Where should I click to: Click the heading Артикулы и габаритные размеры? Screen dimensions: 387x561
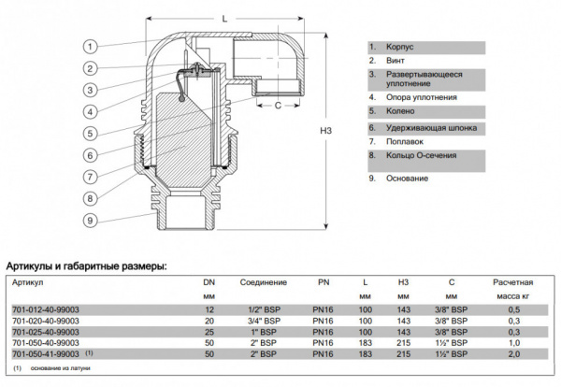click(86, 266)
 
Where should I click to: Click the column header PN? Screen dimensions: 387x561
click(325, 281)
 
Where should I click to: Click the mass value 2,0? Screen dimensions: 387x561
click(511, 354)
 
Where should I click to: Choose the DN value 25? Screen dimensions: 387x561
click(209, 332)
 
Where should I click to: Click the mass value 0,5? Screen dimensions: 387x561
click(511, 309)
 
